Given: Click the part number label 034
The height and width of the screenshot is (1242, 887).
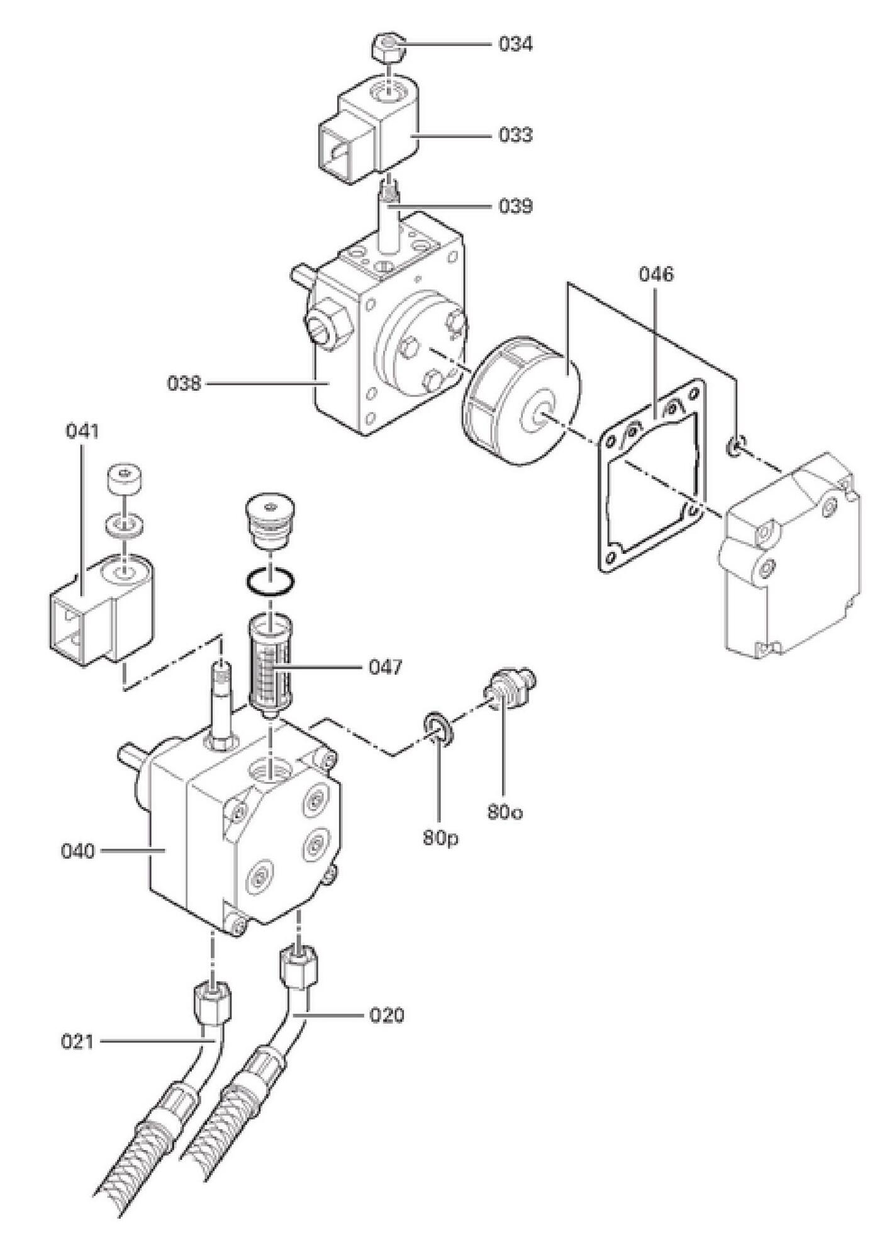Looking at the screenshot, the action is coord(515,44).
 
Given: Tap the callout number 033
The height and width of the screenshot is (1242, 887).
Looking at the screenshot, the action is coord(515,135).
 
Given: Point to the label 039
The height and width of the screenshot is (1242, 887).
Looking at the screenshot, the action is coord(515,206).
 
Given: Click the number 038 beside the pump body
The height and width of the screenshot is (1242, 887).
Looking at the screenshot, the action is coord(184,383).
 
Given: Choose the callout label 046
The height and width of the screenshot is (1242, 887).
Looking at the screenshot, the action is coord(656,274).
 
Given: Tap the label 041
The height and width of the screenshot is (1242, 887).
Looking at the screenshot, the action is coord(82,431).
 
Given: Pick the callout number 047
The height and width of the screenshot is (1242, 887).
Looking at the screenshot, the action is coord(385,667).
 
